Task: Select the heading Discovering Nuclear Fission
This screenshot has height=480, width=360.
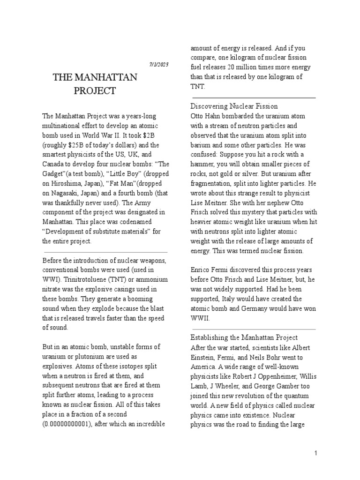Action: (234, 106)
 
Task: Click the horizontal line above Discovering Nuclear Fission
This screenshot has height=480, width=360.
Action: (253, 97)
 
